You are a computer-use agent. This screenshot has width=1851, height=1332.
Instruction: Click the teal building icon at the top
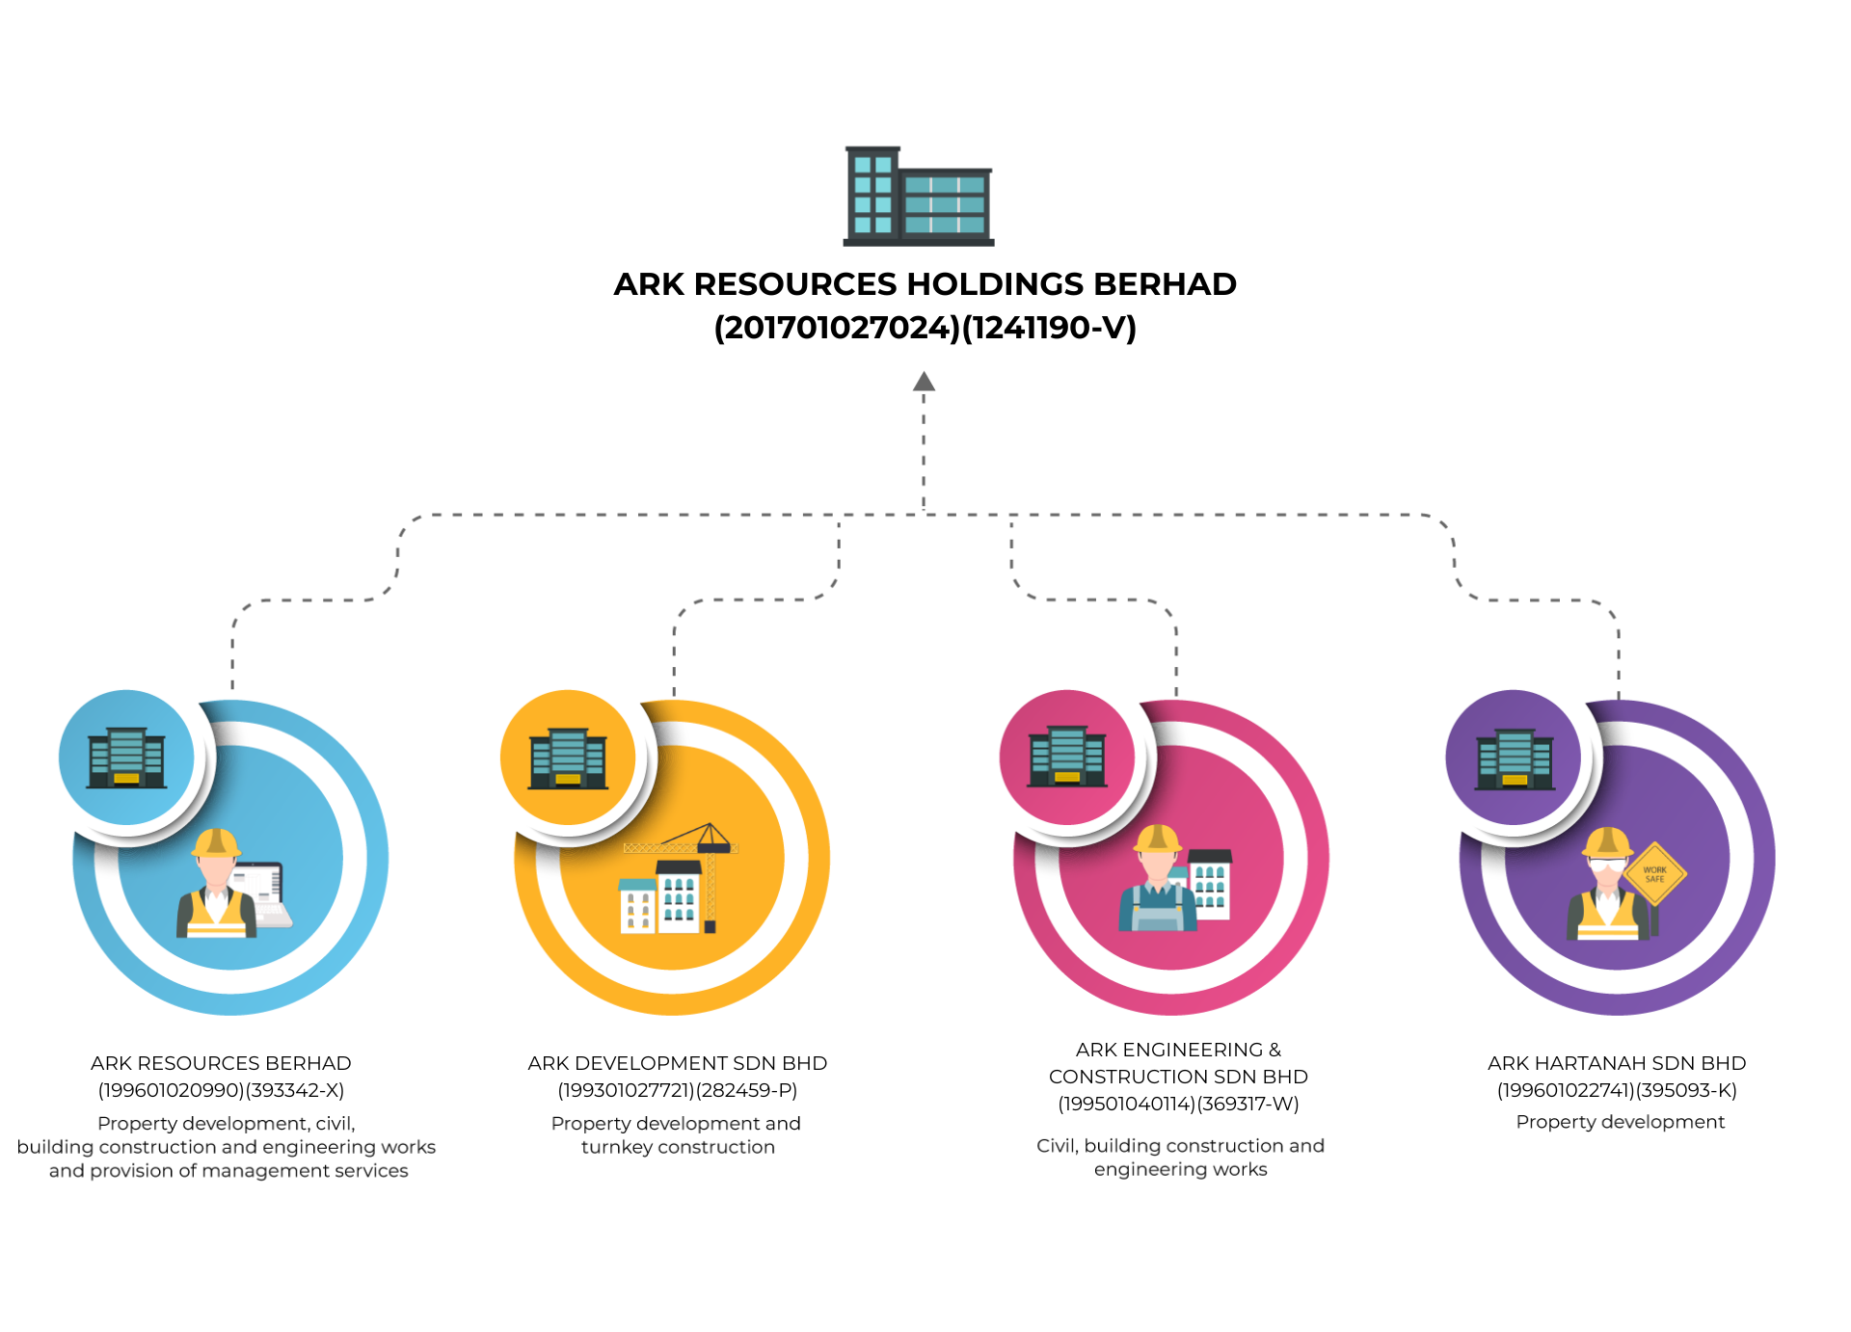pyautogui.click(x=919, y=197)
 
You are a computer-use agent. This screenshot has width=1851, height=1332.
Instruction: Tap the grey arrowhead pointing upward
pyautogui.click(x=925, y=382)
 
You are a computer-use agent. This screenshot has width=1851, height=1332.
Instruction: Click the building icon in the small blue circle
pyautogui.click(x=126, y=759)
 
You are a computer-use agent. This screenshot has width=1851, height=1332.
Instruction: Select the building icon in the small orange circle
pyautogui.click(x=568, y=759)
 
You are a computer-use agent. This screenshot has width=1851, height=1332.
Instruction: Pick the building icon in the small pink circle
pyautogui.click(x=1067, y=758)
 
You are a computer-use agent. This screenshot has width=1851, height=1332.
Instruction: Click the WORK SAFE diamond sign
pyautogui.click(x=1654, y=874)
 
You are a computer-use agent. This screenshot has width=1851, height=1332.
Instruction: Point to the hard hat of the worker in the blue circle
pyautogui.click(x=216, y=843)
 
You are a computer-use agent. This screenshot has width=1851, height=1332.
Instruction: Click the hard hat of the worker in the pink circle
pyautogui.click(x=1157, y=839)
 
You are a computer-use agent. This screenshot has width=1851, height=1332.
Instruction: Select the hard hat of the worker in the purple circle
pyautogui.click(x=1607, y=841)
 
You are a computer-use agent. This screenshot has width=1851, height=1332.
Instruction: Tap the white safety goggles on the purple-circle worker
pyautogui.click(x=1607, y=866)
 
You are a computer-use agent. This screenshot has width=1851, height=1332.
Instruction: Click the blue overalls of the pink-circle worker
pyautogui.click(x=1158, y=912)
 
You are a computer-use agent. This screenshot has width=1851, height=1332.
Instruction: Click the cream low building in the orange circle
pyautogui.click(x=636, y=908)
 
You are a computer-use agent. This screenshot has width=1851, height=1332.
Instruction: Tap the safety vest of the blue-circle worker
pyautogui.click(x=216, y=917)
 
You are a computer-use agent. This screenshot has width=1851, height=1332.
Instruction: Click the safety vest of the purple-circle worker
pyautogui.click(x=1606, y=918)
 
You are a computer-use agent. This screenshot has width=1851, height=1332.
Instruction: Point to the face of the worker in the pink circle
pyautogui.click(x=1157, y=866)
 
